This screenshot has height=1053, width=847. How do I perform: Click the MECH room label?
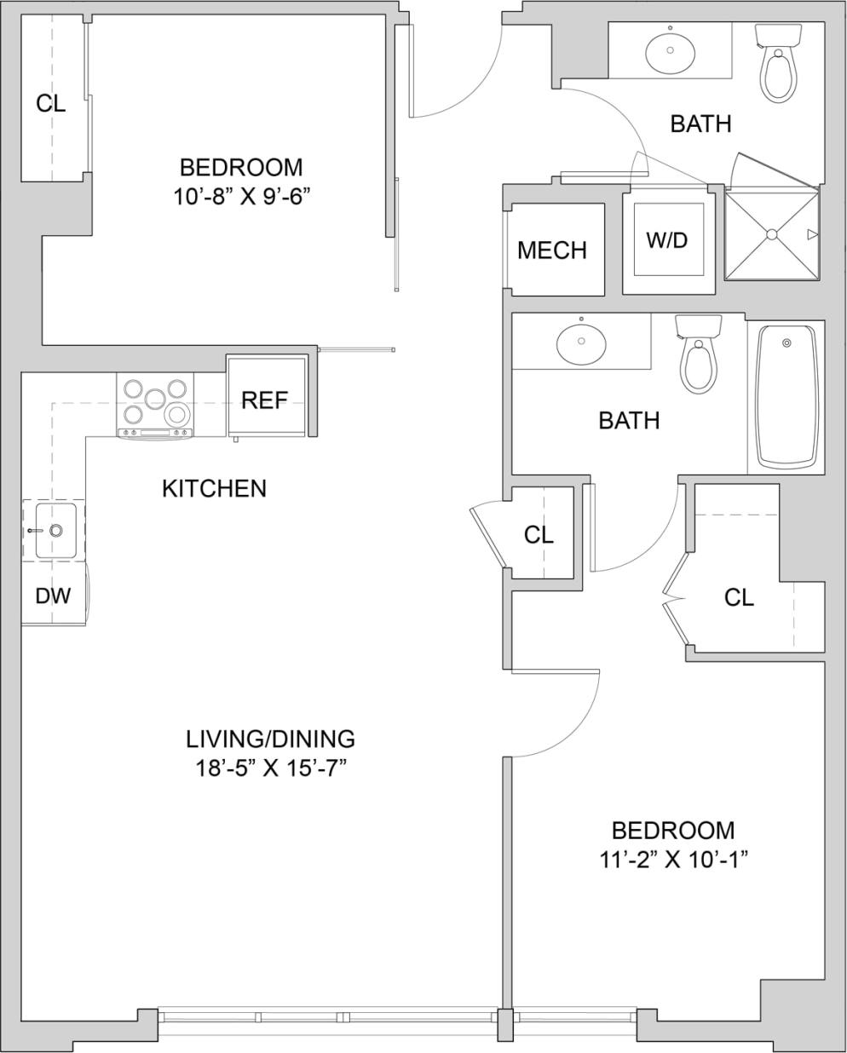(552, 250)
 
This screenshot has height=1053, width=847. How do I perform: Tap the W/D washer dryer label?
(666, 240)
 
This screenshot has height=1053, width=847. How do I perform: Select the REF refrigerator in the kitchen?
(265, 400)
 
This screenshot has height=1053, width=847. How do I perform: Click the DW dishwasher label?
(53, 596)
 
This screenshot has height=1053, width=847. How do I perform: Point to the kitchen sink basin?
(55, 530)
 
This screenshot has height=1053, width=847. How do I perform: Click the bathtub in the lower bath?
(786, 397)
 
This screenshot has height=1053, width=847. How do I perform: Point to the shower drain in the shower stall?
(771, 233)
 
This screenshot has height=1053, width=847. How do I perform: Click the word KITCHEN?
(214, 489)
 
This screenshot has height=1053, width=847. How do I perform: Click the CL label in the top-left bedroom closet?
(50, 104)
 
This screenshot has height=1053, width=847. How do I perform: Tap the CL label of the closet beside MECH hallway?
(539, 535)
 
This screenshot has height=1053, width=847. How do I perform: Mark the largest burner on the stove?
(178, 415)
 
